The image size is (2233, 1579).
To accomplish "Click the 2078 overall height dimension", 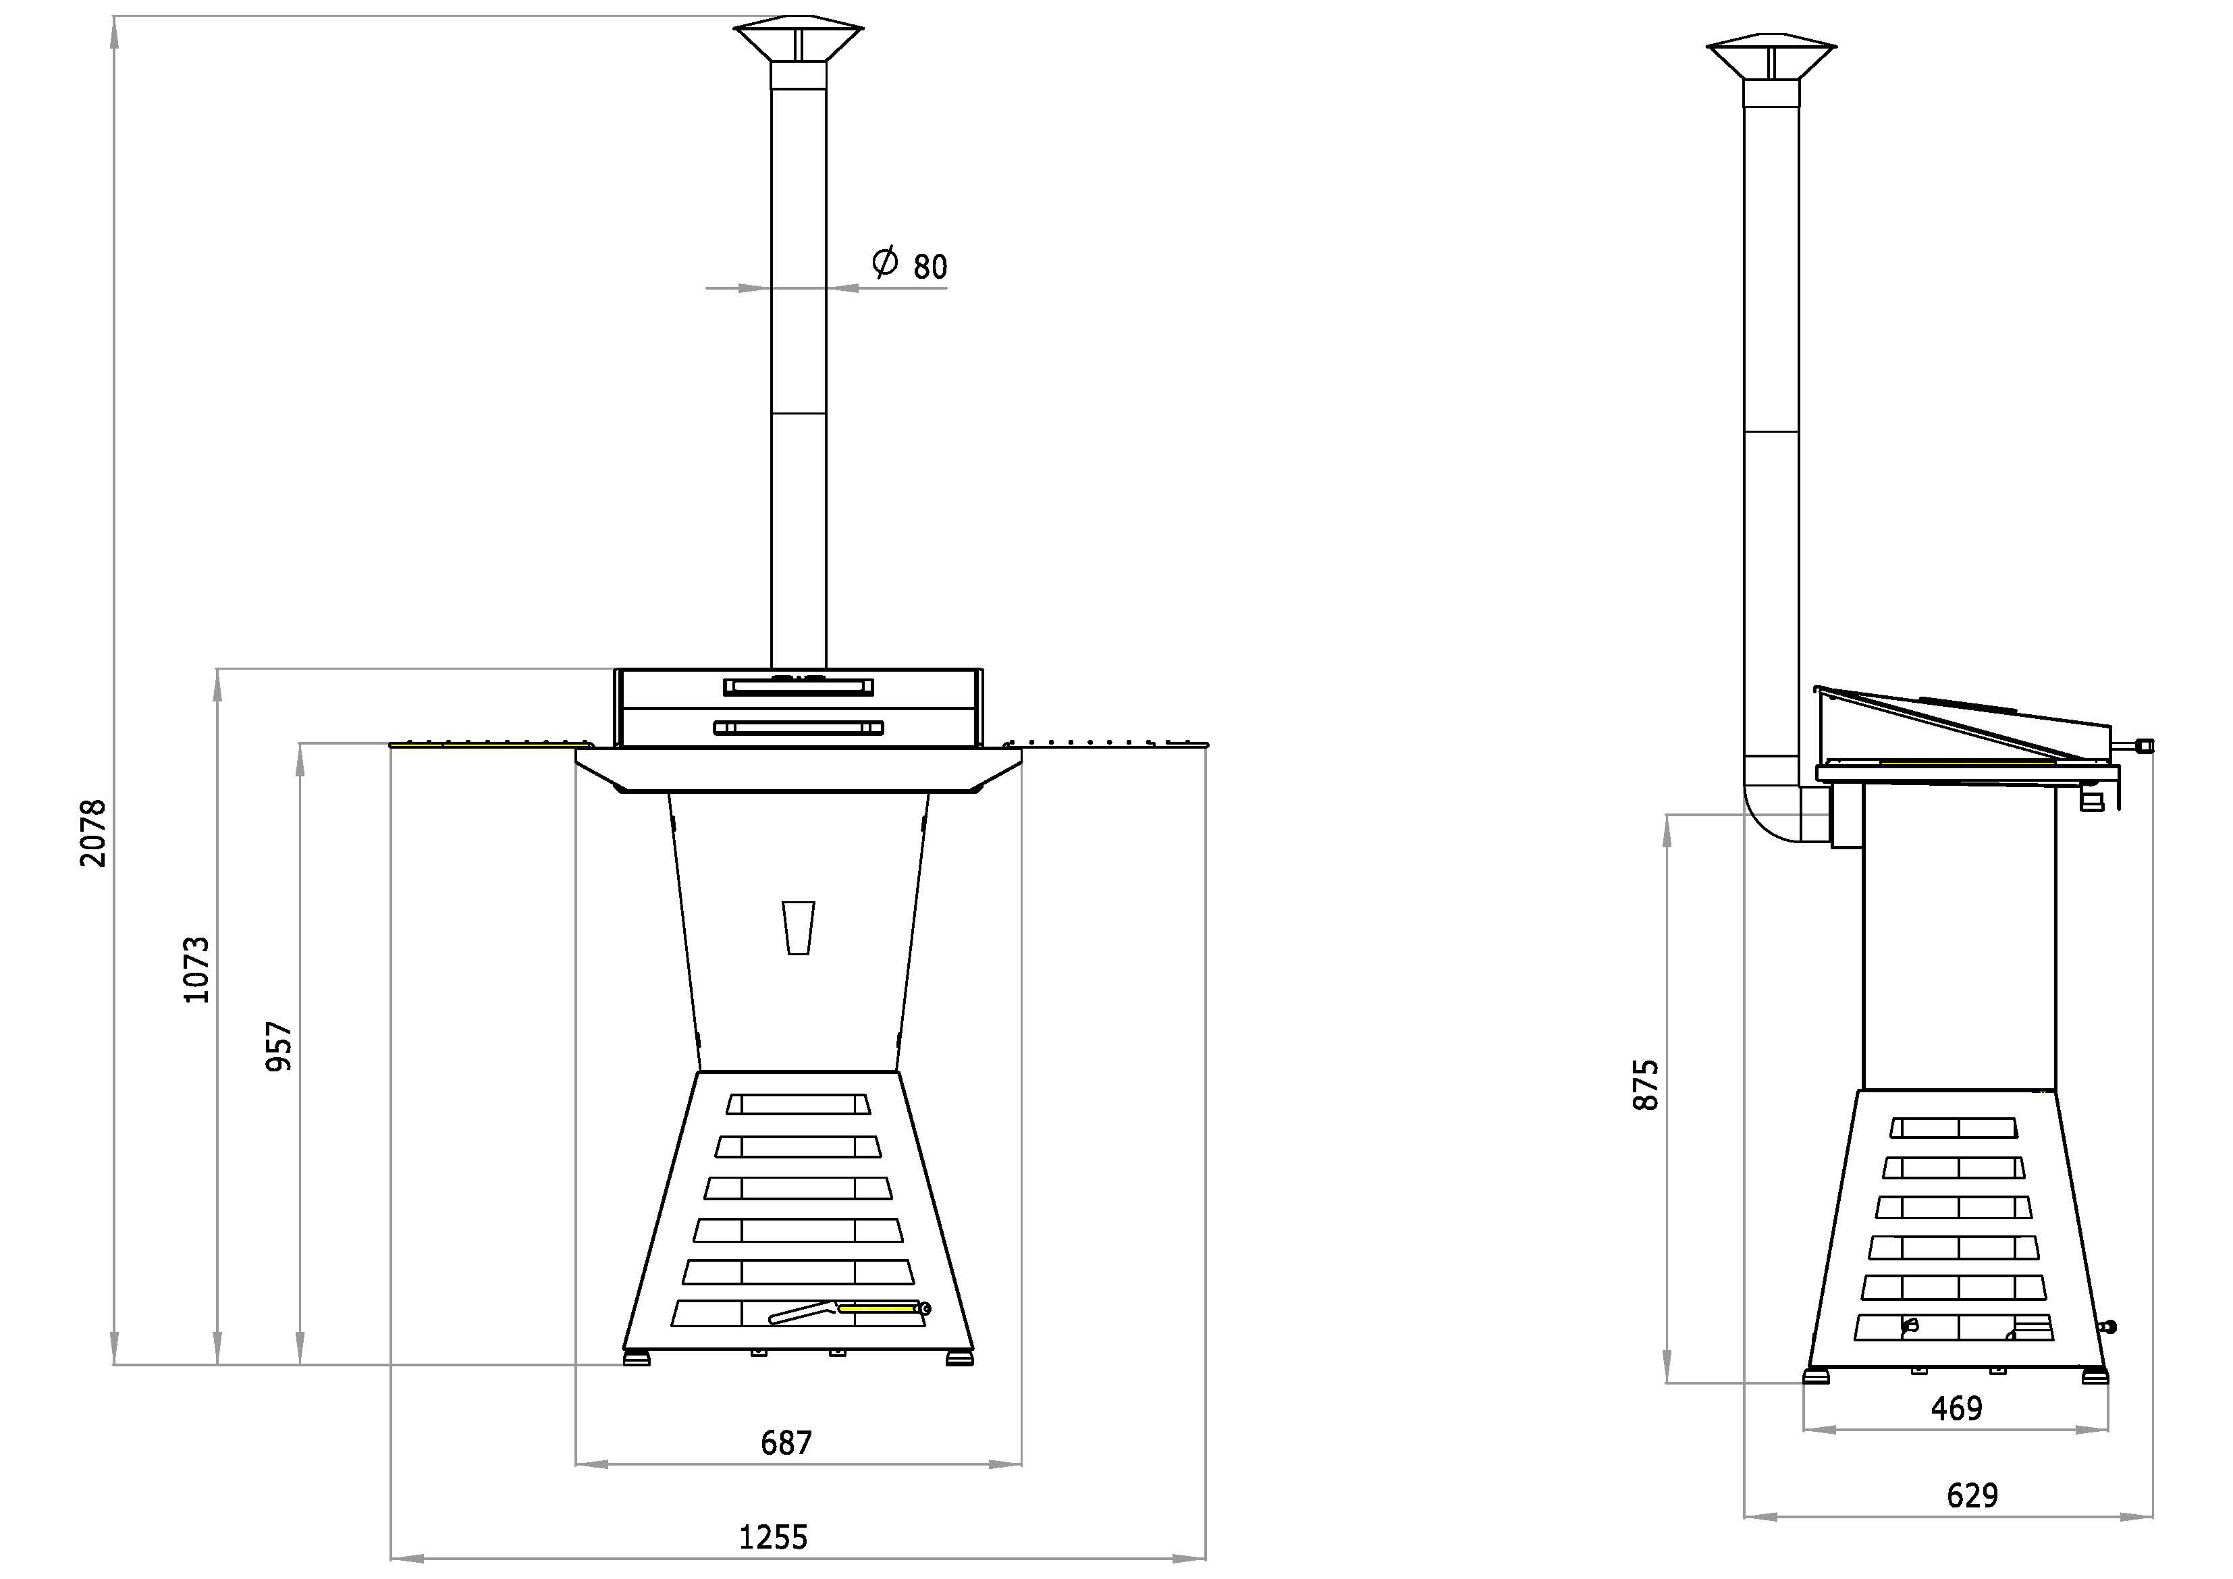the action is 93,833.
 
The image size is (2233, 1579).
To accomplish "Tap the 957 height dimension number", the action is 279,1047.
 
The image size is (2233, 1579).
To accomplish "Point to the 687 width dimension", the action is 786,1442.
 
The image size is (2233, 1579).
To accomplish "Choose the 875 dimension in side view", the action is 1646,1085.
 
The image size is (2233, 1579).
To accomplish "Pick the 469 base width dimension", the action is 1957,1408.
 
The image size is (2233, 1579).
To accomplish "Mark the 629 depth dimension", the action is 1972,1495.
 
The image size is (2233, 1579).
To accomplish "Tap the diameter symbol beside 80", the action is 885,261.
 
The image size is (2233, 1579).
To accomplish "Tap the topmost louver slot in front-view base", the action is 799,1104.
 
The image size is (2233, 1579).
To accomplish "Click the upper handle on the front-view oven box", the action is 799,687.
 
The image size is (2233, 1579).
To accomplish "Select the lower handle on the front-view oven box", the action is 799,728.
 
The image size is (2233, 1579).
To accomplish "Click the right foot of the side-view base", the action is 2095,1376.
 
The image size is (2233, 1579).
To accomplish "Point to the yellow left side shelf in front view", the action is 489,744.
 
